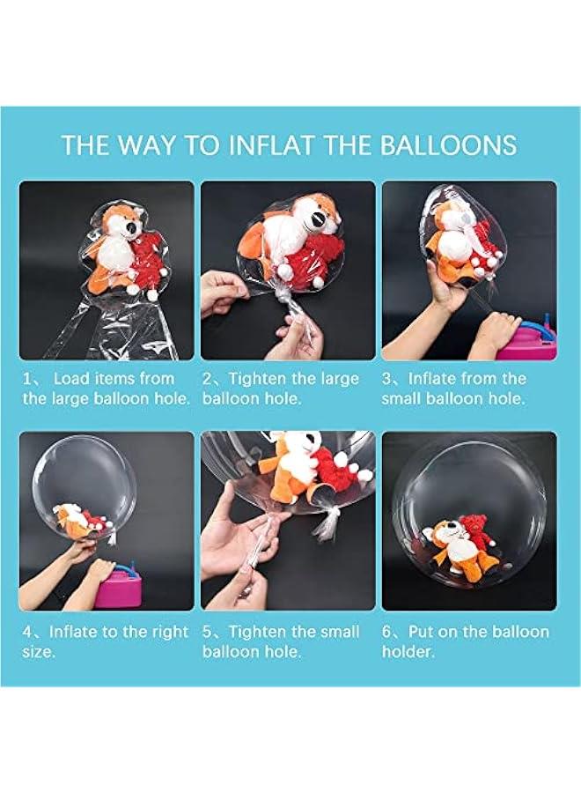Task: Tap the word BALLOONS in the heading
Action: (447, 145)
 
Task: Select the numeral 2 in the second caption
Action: (207, 379)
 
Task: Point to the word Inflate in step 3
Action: (432, 378)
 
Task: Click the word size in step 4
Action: (37, 652)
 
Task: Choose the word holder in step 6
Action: (408, 651)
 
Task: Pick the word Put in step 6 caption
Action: (422, 632)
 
